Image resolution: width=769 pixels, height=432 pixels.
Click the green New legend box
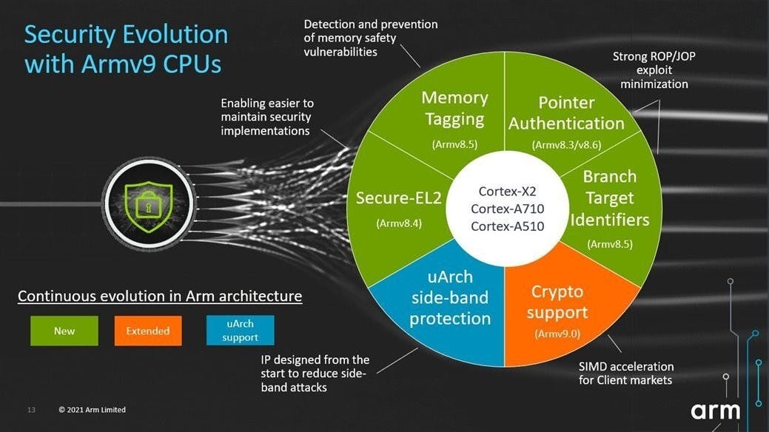[64, 331]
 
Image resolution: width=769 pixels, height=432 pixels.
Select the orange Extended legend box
[147, 331]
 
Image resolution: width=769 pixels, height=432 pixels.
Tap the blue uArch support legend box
[240, 331]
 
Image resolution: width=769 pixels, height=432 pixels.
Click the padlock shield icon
[149, 206]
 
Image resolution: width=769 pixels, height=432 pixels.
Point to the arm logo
[716, 411]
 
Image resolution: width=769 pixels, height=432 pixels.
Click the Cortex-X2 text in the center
[507, 192]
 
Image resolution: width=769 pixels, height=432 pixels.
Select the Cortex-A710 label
[507, 209]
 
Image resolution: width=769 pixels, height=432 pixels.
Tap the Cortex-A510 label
[507, 226]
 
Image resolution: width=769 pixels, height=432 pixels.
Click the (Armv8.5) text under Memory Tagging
[454, 144]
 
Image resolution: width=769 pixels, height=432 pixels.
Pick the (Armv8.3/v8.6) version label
[566, 145]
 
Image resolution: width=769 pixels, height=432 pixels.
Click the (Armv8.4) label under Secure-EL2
[399, 223]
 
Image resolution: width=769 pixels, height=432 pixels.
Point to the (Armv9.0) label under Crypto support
[557, 334]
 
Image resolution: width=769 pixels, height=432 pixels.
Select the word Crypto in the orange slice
[557, 292]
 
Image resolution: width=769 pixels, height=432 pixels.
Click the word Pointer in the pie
[566, 103]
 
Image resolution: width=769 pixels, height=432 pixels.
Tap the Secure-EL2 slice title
[399, 198]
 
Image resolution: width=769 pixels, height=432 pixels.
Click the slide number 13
[31, 410]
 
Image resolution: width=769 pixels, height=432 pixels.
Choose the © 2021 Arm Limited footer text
[93, 410]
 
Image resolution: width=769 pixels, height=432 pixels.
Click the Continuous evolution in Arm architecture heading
[160, 296]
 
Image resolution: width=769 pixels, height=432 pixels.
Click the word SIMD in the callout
[593, 366]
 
